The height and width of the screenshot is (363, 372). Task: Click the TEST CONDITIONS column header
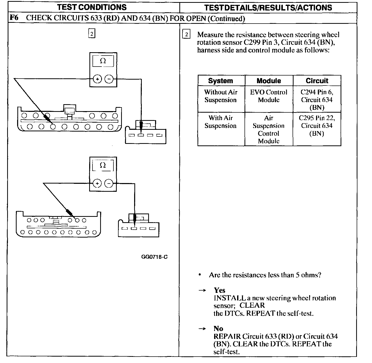point(92,7)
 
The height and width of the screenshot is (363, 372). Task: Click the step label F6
point(14,18)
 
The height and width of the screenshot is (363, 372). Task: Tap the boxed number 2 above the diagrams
point(91,34)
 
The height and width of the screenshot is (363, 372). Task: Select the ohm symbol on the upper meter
point(103,61)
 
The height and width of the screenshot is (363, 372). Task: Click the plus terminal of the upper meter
point(97,79)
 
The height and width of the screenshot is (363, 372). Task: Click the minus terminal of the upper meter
point(109,79)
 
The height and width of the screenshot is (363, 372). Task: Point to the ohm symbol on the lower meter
point(103,165)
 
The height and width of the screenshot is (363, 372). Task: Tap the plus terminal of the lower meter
point(97,183)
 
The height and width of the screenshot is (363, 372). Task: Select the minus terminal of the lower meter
point(109,183)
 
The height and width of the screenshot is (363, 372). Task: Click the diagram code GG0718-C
point(154,257)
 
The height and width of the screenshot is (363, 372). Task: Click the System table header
point(220,81)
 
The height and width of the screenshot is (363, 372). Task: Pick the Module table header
point(269,81)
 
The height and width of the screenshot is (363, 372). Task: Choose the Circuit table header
point(317,81)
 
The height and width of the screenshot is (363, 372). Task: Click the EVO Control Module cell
point(269,96)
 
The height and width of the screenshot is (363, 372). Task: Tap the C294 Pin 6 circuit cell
point(317,100)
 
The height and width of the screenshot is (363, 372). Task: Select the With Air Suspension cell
point(220,122)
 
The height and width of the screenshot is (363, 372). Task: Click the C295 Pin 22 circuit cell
point(317,126)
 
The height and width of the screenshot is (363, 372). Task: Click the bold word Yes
point(219,290)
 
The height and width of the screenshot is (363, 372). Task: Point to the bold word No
point(218,329)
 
